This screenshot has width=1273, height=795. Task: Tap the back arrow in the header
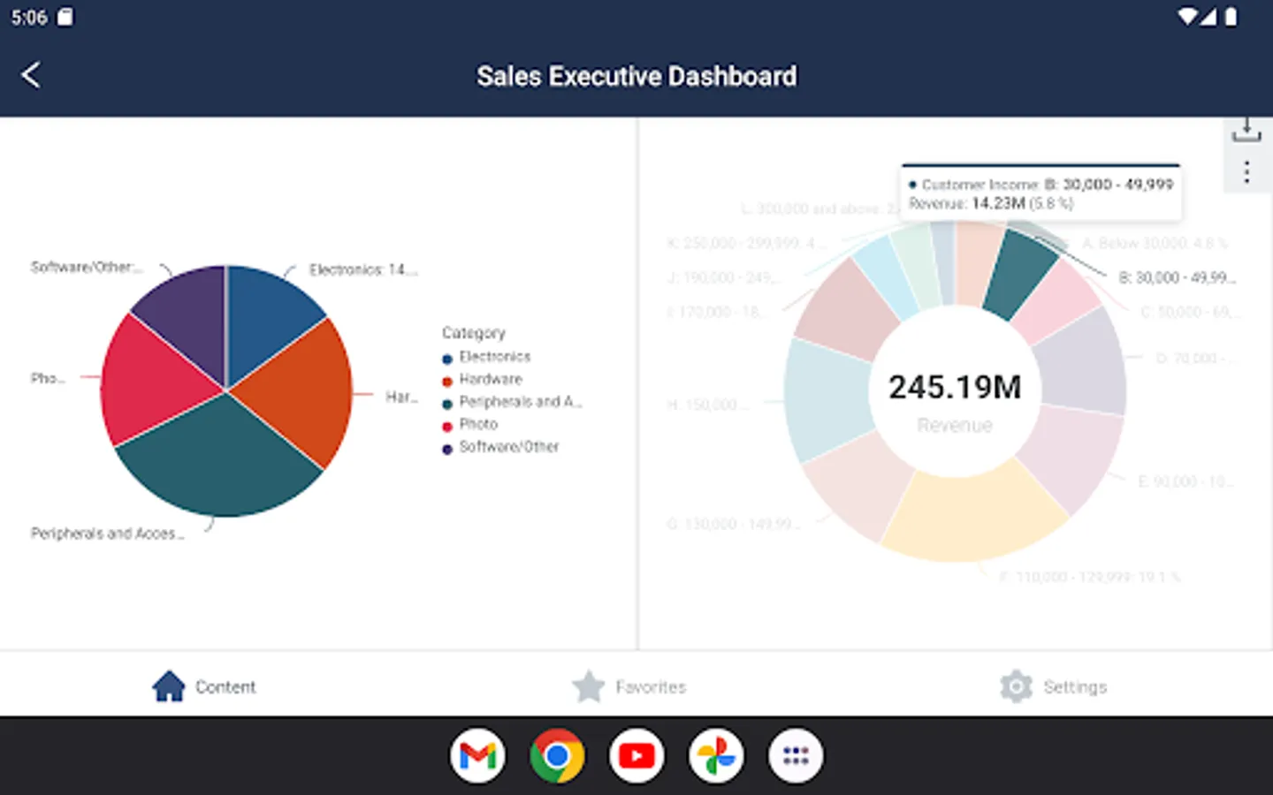pyautogui.click(x=31, y=75)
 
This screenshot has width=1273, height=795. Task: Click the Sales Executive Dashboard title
pyautogui.click(x=636, y=77)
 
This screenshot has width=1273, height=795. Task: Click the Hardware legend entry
pyautogui.click(x=490, y=380)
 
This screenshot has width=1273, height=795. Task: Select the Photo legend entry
pyautogui.click(x=477, y=425)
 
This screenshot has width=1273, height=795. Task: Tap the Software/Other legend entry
pyautogui.click(x=508, y=447)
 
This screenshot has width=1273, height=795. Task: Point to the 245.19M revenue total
pyautogui.click(x=955, y=388)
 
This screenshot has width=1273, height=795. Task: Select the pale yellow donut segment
pyautogui.click(x=972, y=517)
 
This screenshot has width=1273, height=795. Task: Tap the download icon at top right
pyautogui.click(x=1246, y=131)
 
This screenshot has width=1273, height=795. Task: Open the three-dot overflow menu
pyautogui.click(x=1246, y=172)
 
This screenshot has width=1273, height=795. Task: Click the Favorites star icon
pyautogui.click(x=589, y=686)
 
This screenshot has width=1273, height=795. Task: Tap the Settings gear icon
pyautogui.click(x=1017, y=686)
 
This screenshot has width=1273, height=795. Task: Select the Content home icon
pyautogui.click(x=169, y=686)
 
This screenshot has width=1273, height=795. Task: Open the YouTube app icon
pyautogui.click(x=636, y=756)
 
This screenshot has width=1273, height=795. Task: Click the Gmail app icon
pyautogui.click(x=477, y=756)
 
